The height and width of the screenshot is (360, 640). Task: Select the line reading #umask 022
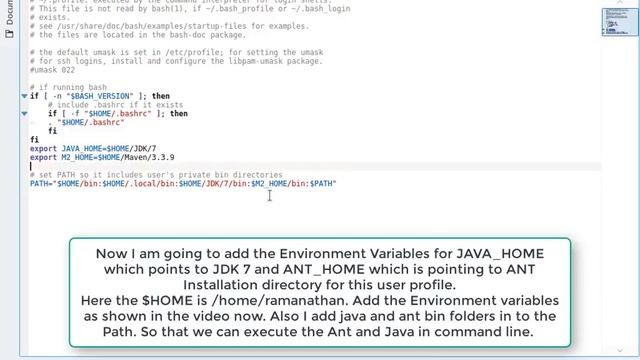coord(51,71)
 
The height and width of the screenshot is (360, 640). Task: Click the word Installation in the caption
coord(129,285)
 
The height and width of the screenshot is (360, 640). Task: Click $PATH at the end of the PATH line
coord(323,184)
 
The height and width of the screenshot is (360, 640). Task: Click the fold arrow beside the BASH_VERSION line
coord(25,96)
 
